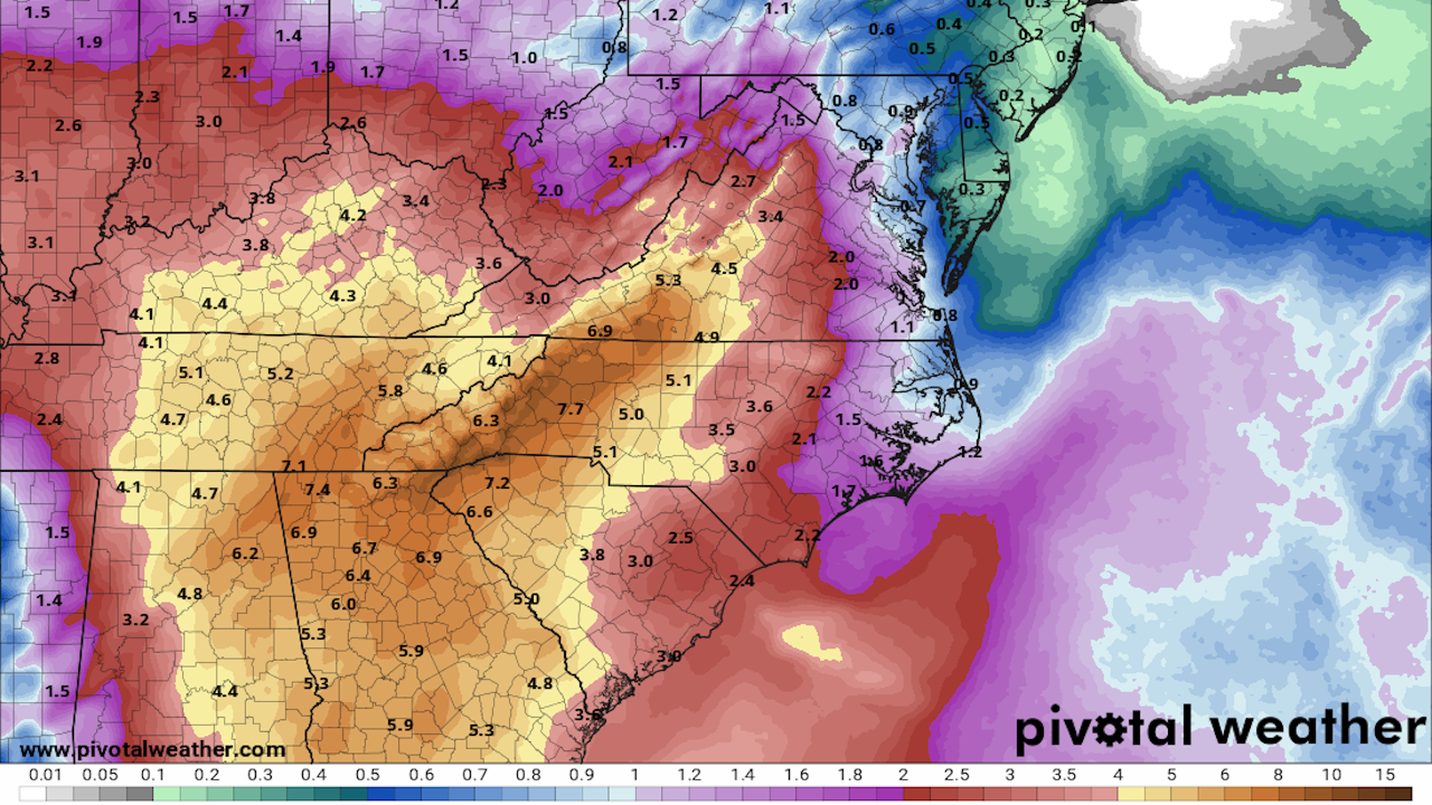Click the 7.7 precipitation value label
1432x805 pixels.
[570, 409]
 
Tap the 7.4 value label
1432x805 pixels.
[317, 490]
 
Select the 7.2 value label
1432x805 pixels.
[497, 483]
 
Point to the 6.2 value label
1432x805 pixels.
[245, 553]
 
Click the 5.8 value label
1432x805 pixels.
[390, 391]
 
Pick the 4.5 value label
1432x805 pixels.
[723, 268]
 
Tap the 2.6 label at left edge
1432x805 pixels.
[68, 125]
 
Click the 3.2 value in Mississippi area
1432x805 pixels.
[136, 619]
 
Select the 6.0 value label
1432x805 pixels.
[343, 604]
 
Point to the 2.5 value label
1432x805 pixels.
[680, 537]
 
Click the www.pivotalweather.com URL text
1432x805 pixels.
[152, 749]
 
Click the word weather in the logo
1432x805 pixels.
[1318, 727]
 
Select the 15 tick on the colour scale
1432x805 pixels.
[1384, 775]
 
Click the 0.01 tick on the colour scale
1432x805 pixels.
[45, 775]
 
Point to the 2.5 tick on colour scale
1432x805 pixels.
[956, 775]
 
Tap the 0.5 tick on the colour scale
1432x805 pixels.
[367, 775]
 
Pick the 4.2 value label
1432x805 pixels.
[353, 215]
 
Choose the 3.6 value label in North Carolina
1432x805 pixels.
[759, 406]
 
